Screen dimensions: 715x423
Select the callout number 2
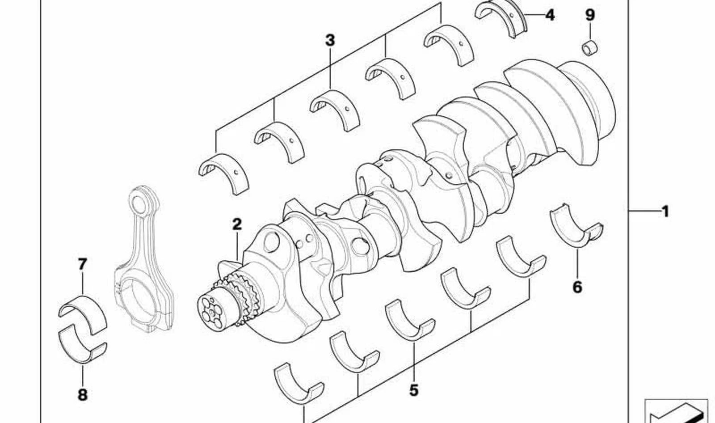pos(237,224)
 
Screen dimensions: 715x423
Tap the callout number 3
pos(330,41)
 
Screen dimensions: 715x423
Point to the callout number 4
pos(550,15)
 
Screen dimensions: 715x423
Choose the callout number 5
pos(414,390)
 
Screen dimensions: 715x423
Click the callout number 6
pos(577,287)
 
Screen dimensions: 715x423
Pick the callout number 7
pos(82,264)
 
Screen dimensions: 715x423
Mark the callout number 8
pos(82,395)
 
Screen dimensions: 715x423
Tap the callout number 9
pos(590,15)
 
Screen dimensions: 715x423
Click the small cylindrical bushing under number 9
pos(589,48)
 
